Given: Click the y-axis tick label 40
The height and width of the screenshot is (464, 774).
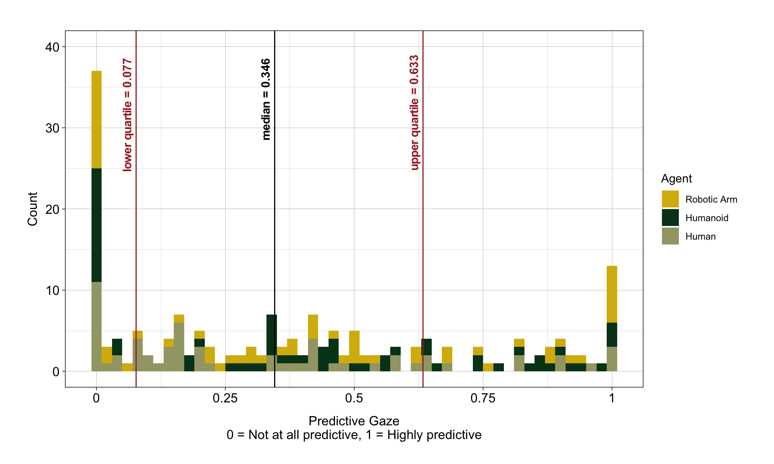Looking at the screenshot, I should coord(52,47).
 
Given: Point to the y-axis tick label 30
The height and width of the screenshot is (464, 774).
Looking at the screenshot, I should coord(52,128).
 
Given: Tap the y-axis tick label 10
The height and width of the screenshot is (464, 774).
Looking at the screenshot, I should coord(52,290).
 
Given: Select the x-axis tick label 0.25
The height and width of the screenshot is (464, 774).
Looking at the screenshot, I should coord(225,398).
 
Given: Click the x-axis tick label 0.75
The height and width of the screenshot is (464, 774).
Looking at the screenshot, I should coord(483,398).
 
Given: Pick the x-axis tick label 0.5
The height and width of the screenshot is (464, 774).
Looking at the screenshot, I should coord(354,398).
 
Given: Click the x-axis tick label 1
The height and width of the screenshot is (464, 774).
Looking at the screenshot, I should coord(612,398).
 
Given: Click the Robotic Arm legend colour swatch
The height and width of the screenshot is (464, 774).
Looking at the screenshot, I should coord(670,199).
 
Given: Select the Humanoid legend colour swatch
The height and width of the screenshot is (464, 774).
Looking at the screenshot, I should coord(670,217).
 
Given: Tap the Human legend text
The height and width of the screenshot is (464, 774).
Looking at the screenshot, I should coord(700,236).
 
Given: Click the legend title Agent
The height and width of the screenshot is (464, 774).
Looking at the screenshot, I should coord(676,178).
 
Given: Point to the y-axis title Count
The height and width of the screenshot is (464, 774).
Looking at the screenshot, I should coord(32,209).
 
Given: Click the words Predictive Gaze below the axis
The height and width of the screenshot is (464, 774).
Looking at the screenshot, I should coord(354,421).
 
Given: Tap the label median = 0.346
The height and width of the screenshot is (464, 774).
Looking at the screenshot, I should coord(266,99).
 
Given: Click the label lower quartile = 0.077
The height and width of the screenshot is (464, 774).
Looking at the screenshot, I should coord(127,115).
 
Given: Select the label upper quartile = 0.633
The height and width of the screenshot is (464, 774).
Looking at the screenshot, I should coord(414,113).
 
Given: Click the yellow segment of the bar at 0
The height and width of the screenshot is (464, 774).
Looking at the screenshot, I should coord(96,119).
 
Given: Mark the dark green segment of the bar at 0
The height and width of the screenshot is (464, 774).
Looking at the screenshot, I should coord(96,225).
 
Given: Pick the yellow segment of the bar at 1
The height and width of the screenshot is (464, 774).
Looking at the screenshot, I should coord(612,294).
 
